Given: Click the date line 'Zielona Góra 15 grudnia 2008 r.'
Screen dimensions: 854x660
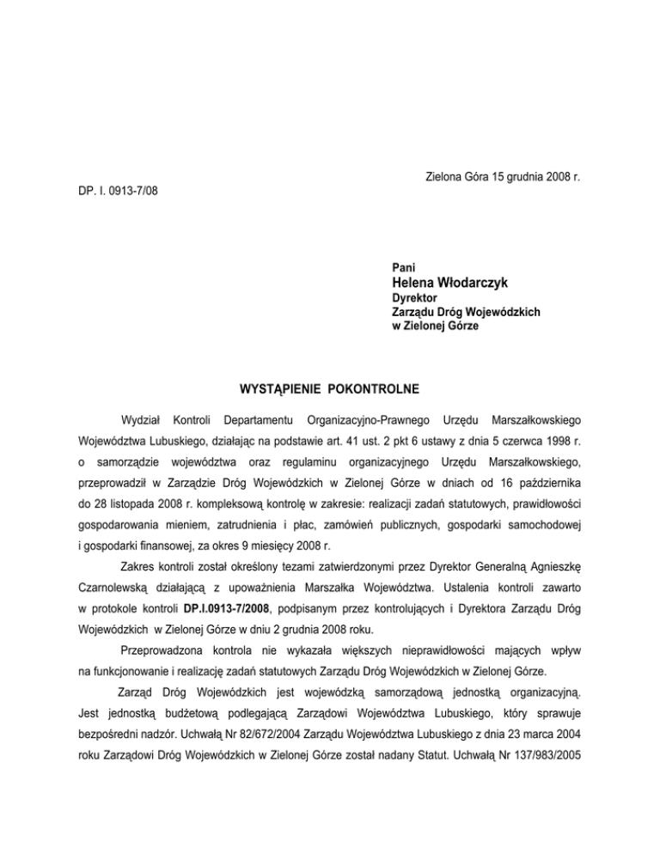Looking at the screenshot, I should [502, 177].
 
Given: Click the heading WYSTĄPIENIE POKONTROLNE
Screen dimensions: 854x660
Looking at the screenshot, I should [330, 388].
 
